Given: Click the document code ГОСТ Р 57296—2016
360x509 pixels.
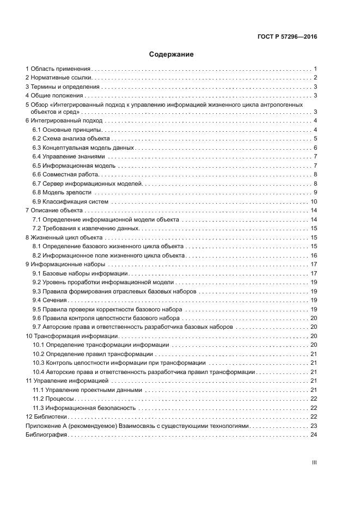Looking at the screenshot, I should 287,38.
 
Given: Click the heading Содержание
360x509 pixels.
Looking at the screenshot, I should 171,54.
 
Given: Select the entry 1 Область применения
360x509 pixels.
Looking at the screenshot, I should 58,69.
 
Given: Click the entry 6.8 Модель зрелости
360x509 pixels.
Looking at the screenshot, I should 62,192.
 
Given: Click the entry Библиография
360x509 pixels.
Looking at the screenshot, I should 46,434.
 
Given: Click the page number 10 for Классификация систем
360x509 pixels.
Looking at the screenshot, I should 314,201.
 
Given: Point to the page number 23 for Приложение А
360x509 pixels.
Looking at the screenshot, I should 314,426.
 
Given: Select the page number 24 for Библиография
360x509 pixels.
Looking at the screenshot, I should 314,434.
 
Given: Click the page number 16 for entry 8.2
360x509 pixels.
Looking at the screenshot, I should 314,255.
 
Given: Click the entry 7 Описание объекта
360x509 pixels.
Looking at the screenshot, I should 54,210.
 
